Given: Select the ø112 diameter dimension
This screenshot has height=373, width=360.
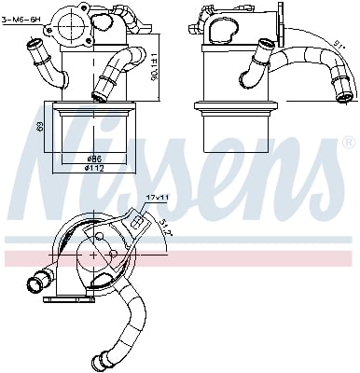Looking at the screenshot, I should tap(94, 168).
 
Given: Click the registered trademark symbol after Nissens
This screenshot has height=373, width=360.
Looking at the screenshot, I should tap(349, 144).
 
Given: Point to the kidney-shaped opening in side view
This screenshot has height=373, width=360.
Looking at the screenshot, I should tap(225, 34).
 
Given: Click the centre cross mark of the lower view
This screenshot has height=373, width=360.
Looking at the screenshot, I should tap(96, 253).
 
